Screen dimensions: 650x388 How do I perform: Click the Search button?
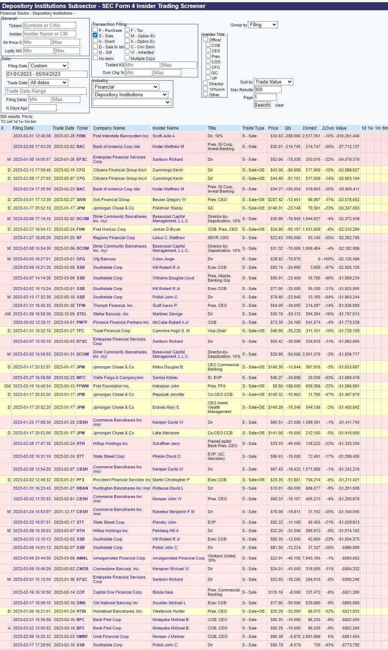click(262, 105)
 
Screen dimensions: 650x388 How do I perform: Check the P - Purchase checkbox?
click(95, 30)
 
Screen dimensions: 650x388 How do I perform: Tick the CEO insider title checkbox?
click(208, 51)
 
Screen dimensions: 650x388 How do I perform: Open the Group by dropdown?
click(263, 25)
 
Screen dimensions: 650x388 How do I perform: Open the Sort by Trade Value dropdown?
click(273, 82)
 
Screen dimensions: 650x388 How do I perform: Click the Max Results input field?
click(267, 90)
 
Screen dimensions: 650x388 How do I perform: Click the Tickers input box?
click(50, 26)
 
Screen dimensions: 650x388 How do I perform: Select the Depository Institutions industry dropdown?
click(130, 95)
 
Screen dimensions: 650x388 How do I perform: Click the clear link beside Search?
click(279, 105)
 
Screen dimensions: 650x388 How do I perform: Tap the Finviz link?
click(27, 116)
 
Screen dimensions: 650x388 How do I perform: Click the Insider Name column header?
click(165, 128)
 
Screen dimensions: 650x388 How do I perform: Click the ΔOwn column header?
click(328, 128)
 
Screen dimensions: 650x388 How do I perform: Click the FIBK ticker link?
click(81, 136)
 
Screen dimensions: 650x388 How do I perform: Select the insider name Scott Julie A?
click(164, 136)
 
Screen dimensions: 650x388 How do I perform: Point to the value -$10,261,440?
click(347, 136)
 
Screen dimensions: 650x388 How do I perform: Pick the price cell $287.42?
click(275, 200)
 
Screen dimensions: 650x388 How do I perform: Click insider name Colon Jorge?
click(163, 259)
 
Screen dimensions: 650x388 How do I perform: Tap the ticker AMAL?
click(82, 558)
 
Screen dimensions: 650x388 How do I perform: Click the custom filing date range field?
click(47, 74)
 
